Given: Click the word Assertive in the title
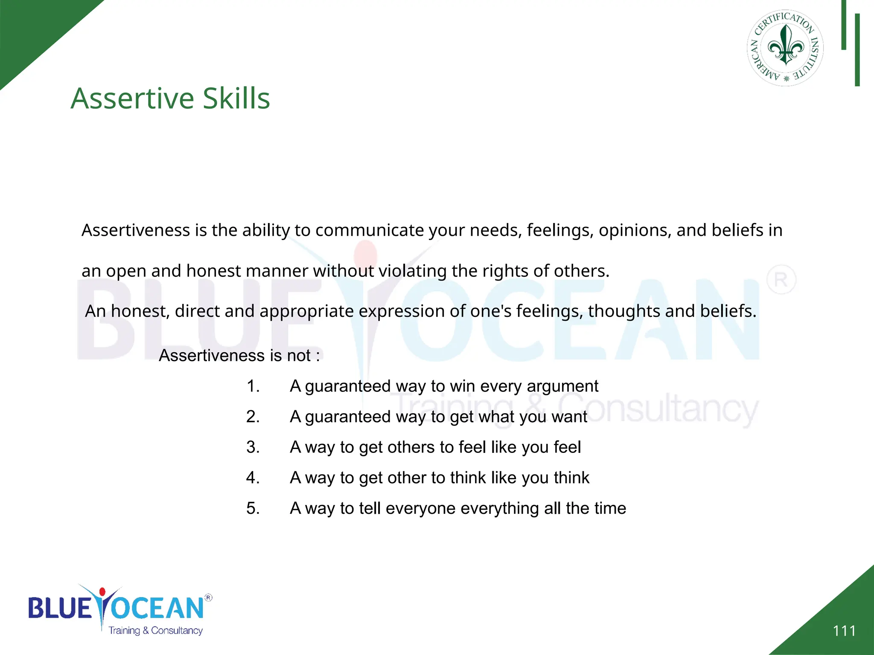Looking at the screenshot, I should coord(132,99).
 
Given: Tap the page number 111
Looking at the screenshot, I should coord(844,631).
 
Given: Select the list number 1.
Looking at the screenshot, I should coord(253,386).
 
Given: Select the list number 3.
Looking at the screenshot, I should coord(253,447).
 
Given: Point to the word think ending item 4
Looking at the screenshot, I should coord(571,478).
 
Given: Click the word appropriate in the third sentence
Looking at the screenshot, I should coord(306,311).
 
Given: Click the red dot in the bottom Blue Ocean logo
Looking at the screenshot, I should coord(102,592).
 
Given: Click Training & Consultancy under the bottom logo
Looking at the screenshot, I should coord(155,631).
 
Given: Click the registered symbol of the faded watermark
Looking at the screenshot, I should coord(781,280).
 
